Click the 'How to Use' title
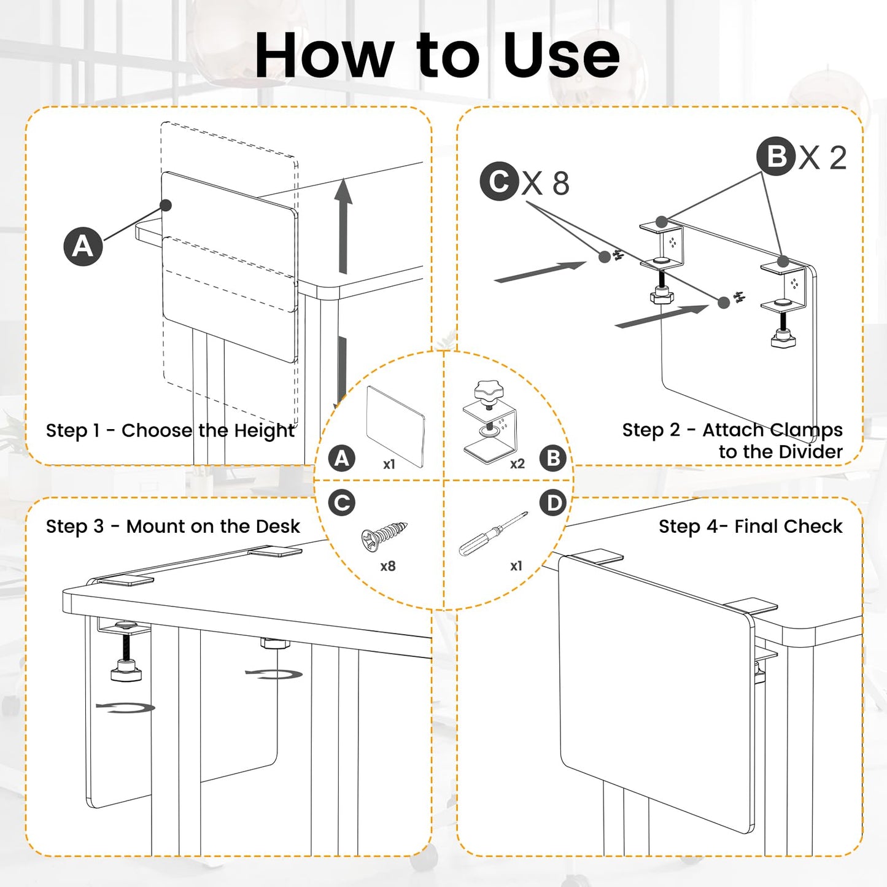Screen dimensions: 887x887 (x=437, y=55)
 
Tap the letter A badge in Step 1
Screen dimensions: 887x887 (x=83, y=246)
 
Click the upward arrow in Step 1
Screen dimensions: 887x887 (x=343, y=227)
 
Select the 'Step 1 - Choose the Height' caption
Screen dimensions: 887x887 (x=170, y=430)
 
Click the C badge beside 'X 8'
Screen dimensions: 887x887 (x=500, y=181)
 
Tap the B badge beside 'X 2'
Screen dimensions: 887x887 (x=776, y=156)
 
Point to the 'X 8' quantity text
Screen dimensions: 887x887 (x=546, y=183)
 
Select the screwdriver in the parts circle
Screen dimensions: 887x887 (x=493, y=533)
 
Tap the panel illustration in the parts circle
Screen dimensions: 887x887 (x=395, y=427)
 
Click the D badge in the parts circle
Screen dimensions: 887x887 (x=553, y=502)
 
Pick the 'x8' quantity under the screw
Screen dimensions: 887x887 (x=387, y=566)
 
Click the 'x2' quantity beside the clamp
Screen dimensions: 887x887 (x=517, y=463)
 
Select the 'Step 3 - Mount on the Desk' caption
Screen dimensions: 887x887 (x=172, y=526)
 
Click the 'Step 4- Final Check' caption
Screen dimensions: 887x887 (x=750, y=526)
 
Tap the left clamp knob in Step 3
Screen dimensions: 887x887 (x=126, y=673)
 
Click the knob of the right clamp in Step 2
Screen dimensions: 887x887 (x=783, y=339)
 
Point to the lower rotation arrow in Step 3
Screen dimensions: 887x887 (x=125, y=708)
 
